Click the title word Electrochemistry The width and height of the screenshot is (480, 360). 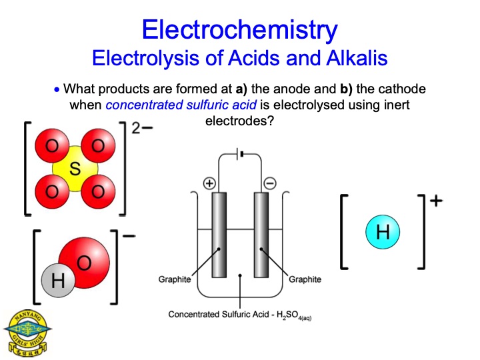tap(240, 31)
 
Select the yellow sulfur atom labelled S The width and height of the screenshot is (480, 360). tap(75, 169)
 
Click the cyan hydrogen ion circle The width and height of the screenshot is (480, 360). tap(383, 232)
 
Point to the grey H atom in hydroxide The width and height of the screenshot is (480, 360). tap(58, 280)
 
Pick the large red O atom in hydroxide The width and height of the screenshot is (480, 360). tap(84, 263)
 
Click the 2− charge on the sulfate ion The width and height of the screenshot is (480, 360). tap(142, 128)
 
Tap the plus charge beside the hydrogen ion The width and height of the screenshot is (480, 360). tap(436, 201)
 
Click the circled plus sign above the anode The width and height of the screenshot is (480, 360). tap(210, 183)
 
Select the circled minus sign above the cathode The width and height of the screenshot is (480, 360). tap(270, 183)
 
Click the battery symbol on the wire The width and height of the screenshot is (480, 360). tap(240, 154)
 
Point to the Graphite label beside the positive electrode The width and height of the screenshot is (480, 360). tap(175, 279)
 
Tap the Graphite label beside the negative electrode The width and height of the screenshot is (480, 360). tap(305, 279)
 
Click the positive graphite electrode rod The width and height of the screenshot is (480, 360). tap(219, 235)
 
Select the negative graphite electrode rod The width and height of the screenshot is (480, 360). tap(261, 235)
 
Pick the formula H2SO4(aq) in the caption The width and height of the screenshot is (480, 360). tap(294, 315)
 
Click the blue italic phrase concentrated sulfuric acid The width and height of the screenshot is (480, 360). tap(181, 105)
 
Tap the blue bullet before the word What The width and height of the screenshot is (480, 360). tap(57, 90)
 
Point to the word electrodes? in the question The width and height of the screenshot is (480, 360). tap(239, 121)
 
